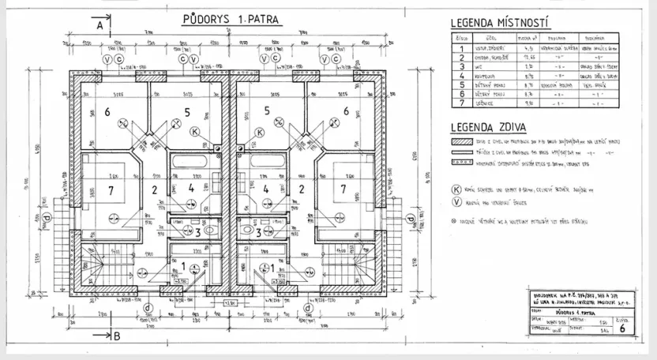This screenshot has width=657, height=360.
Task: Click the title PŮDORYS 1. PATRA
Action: pyautogui.click(x=224, y=17)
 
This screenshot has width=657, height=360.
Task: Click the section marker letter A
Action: pyautogui.click(x=100, y=25)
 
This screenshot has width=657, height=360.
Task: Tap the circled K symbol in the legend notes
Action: pyautogui.click(x=456, y=190)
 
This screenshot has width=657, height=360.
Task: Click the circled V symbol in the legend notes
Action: pyautogui.click(x=456, y=202)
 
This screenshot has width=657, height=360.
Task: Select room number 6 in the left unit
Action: pyautogui.click(x=107, y=113)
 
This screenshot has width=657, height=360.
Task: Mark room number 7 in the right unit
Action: pyautogui.click(x=343, y=189)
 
